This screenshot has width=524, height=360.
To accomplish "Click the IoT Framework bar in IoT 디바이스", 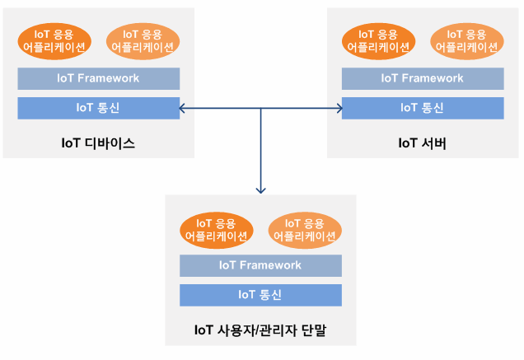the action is click(x=99, y=78).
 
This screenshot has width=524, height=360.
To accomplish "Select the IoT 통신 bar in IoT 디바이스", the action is click(x=99, y=108).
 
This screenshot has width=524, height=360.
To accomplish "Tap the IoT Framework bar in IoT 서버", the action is click(x=423, y=78).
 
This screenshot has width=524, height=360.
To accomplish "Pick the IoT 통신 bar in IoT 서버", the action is click(x=423, y=108).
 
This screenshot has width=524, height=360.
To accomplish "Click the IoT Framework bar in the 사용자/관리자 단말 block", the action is click(x=260, y=265).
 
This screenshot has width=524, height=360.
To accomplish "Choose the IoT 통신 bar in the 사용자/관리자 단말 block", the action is click(x=260, y=295).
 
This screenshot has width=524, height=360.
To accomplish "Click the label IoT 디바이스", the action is click(x=98, y=143).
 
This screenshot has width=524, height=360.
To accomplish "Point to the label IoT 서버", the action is click(x=423, y=143).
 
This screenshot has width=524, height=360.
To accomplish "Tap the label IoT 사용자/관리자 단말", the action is click(x=260, y=330).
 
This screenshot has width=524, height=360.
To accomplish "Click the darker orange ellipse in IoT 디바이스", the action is click(x=54, y=41).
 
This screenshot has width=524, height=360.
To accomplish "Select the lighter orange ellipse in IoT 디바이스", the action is click(x=143, y=41).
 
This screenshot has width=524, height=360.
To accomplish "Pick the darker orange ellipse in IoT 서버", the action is click(x=379, y=41).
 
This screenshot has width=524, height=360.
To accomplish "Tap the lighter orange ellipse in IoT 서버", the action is click(x=467, y=41).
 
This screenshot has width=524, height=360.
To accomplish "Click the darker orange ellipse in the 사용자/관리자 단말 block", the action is click(x=217, y=231).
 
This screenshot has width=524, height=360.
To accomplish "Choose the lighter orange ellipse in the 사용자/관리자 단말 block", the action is click(x=305, y=231).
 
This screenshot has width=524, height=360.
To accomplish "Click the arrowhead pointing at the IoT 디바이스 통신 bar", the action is click(x=182, y=108).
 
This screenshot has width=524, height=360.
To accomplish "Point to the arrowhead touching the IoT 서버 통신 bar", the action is click(x=339, y=108).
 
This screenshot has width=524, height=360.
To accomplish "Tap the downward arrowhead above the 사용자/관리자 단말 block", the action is click(x=260, y=190).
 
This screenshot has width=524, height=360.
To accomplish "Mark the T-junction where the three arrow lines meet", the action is click(x=260, y=108).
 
